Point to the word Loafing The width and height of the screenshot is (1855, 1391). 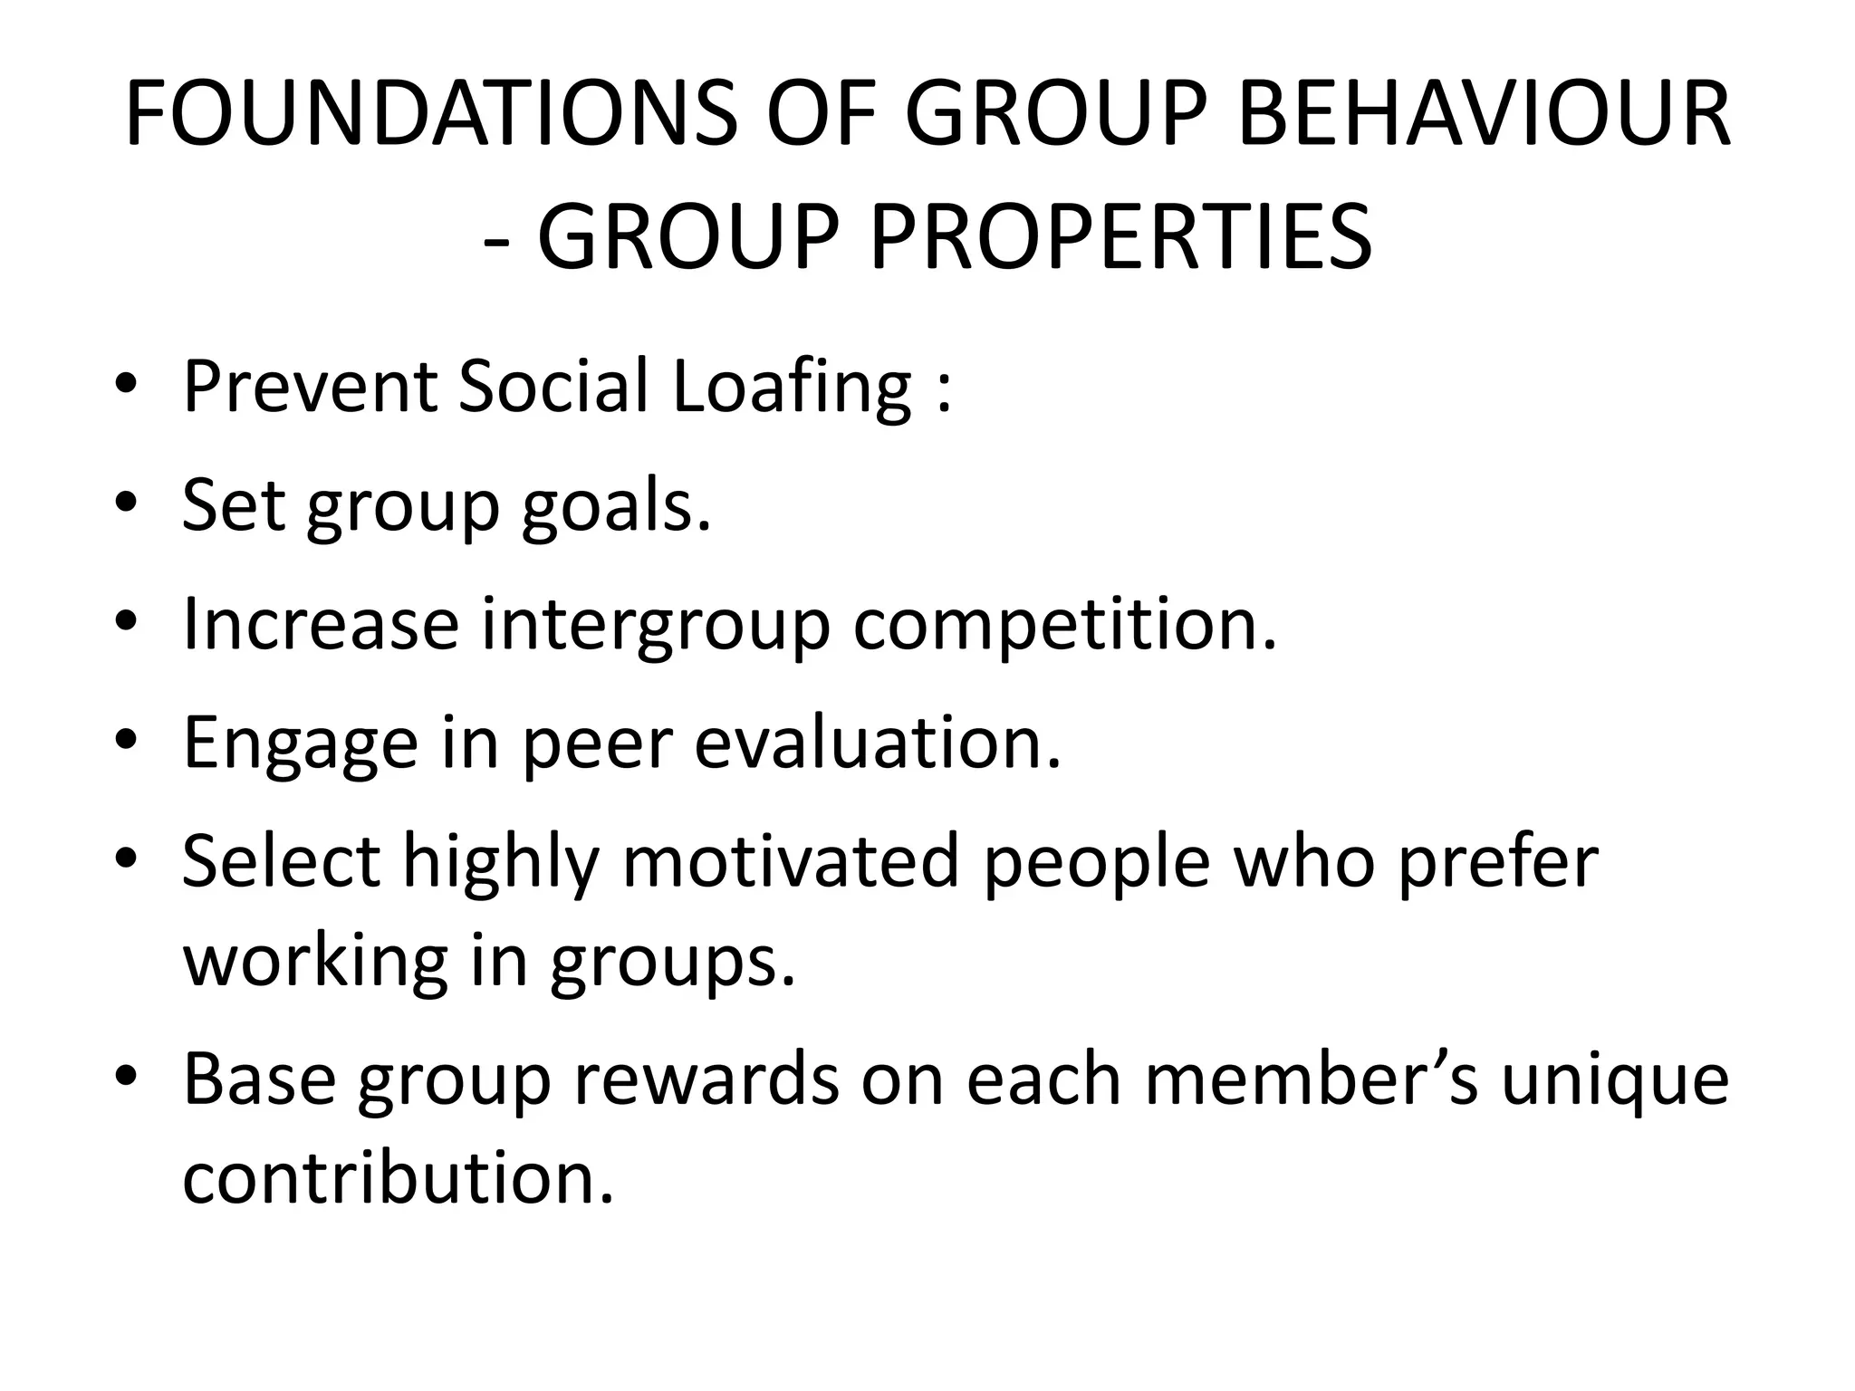coord(792,388)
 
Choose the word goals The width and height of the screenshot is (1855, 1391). coord(616,507)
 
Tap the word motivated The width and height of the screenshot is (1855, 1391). coord(790,862)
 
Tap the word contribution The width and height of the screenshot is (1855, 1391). coord(398,1179)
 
